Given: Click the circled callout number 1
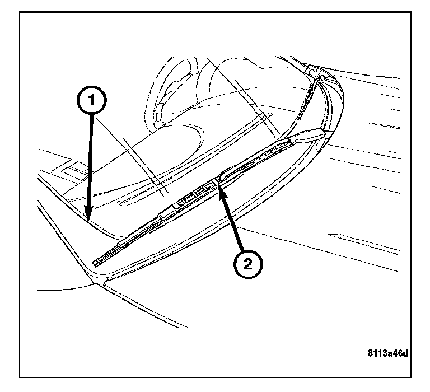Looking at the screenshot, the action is (92, 100).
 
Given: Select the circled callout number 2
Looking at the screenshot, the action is (248, 264).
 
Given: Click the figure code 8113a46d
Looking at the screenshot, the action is (388, 353).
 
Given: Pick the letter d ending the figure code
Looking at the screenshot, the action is (405, 353).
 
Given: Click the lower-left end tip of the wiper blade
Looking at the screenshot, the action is (94, 264).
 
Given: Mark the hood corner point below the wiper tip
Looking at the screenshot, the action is (94, 283).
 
